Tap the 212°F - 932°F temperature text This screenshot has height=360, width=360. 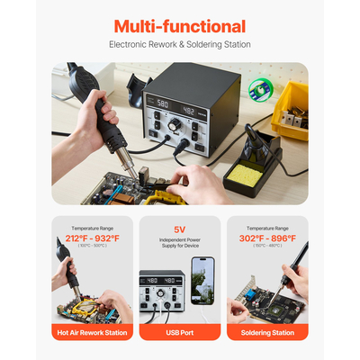coord(92,238)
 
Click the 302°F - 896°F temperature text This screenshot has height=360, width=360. coord(268,238)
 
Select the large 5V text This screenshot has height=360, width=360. coord(179,229)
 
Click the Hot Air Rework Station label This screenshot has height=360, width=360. coord(91,332)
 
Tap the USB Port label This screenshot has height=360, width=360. coord(179,332)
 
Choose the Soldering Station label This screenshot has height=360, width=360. coord(267,332)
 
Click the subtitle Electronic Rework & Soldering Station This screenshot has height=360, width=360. coord(179,43)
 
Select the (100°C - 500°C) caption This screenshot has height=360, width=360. coord(92,246)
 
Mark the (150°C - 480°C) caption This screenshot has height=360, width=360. coord(268,246)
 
